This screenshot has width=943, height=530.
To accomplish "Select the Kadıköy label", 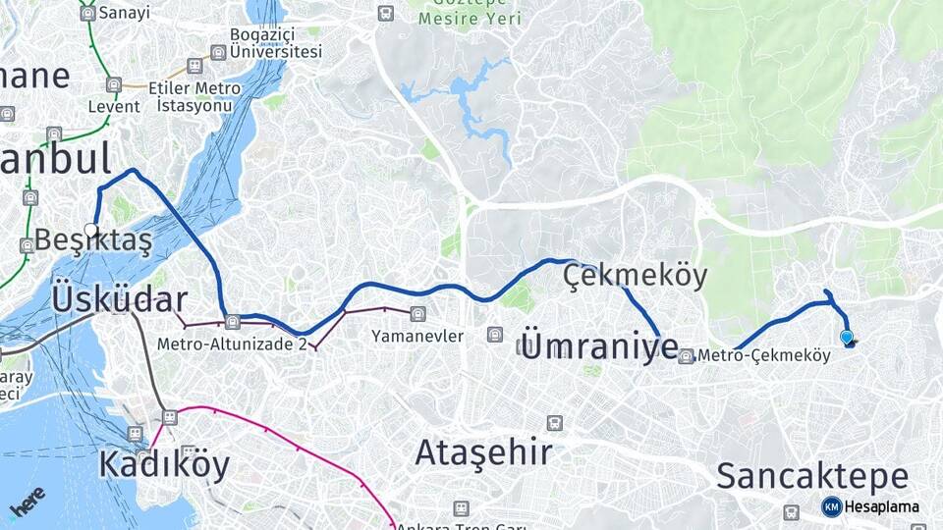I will coord(164,464).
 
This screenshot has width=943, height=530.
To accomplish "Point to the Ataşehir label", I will coord(483,452).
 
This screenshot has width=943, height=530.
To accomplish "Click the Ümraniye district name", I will coord(598,344).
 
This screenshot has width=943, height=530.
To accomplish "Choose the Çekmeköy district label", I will coord(636,277).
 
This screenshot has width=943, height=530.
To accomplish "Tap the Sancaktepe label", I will coord(812,476).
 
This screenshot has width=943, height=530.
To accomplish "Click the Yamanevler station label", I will coord(416,336).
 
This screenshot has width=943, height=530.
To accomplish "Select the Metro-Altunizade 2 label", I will coord(232,344).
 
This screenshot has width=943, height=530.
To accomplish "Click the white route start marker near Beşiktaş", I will coord(90,230).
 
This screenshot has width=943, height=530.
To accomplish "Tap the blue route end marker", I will coord(847,337).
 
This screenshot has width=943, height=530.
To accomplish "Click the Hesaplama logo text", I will coord(881,506).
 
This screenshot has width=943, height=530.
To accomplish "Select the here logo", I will coord(28,503).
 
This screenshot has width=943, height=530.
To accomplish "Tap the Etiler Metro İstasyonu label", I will coord(194,96).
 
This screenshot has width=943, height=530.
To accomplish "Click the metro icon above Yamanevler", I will coord(419,314).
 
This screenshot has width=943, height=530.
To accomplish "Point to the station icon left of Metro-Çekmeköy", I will coord(686,356).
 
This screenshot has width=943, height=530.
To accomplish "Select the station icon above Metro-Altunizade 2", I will coord(233,321).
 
